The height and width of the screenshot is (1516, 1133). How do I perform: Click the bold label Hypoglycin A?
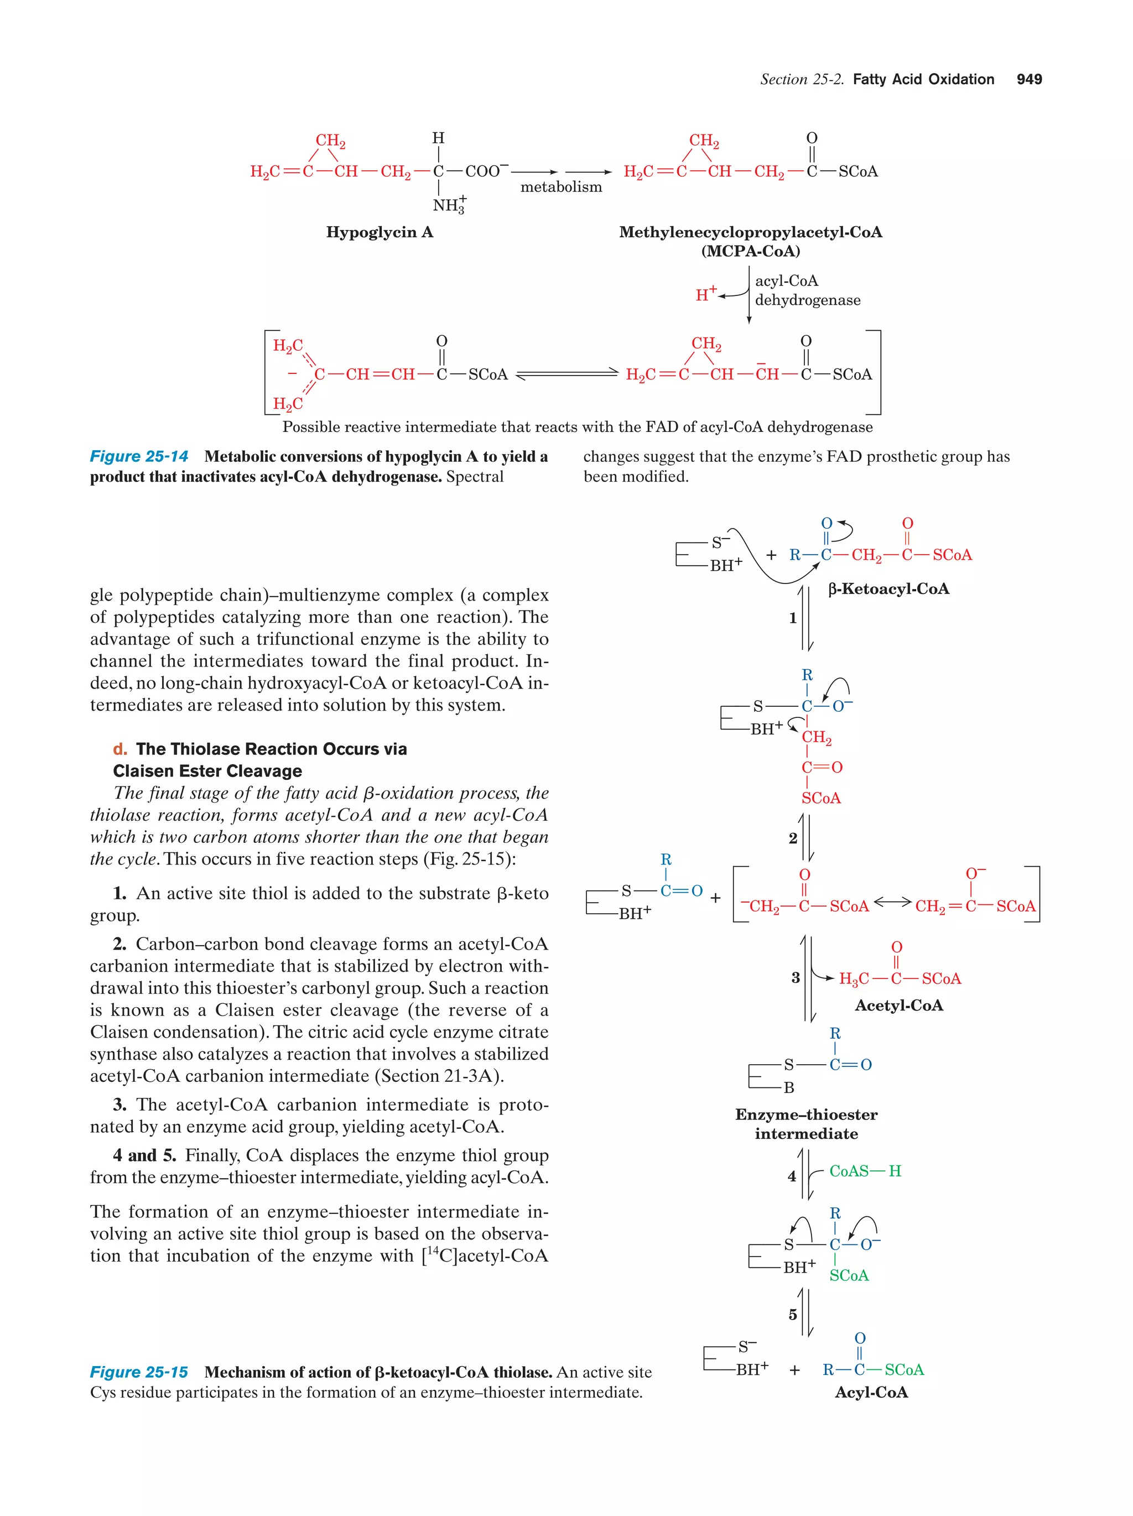(x=379, y=232)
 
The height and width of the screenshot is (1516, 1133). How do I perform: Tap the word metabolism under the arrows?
(x=560, y=187)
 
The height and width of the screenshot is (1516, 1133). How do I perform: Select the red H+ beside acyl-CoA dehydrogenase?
(x=705, y=294)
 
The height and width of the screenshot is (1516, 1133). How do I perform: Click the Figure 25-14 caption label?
(x=139, y=456)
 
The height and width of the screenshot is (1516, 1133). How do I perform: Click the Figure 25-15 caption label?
(x=139, y=1372)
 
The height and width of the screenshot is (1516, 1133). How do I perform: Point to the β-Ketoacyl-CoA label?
(x=888, y=588)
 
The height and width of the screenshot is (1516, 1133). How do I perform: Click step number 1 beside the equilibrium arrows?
(x=792, y=618)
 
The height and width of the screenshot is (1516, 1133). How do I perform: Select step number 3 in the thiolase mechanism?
(x=795, y=978)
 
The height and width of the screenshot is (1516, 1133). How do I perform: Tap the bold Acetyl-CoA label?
(x=898, y=1006)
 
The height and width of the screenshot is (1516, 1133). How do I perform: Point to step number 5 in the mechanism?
(x=792, y=1315)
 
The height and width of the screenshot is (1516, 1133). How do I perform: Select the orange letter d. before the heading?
(x=120, y=749)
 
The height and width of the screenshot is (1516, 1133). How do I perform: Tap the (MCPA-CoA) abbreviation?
(x=751, y=251)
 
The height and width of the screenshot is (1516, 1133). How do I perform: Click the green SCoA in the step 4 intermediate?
(x=849, y=1275)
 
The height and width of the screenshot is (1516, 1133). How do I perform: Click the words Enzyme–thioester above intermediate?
(x=806, y=1114)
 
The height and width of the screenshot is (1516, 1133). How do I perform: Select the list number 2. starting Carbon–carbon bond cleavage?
(x=120, y=945)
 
